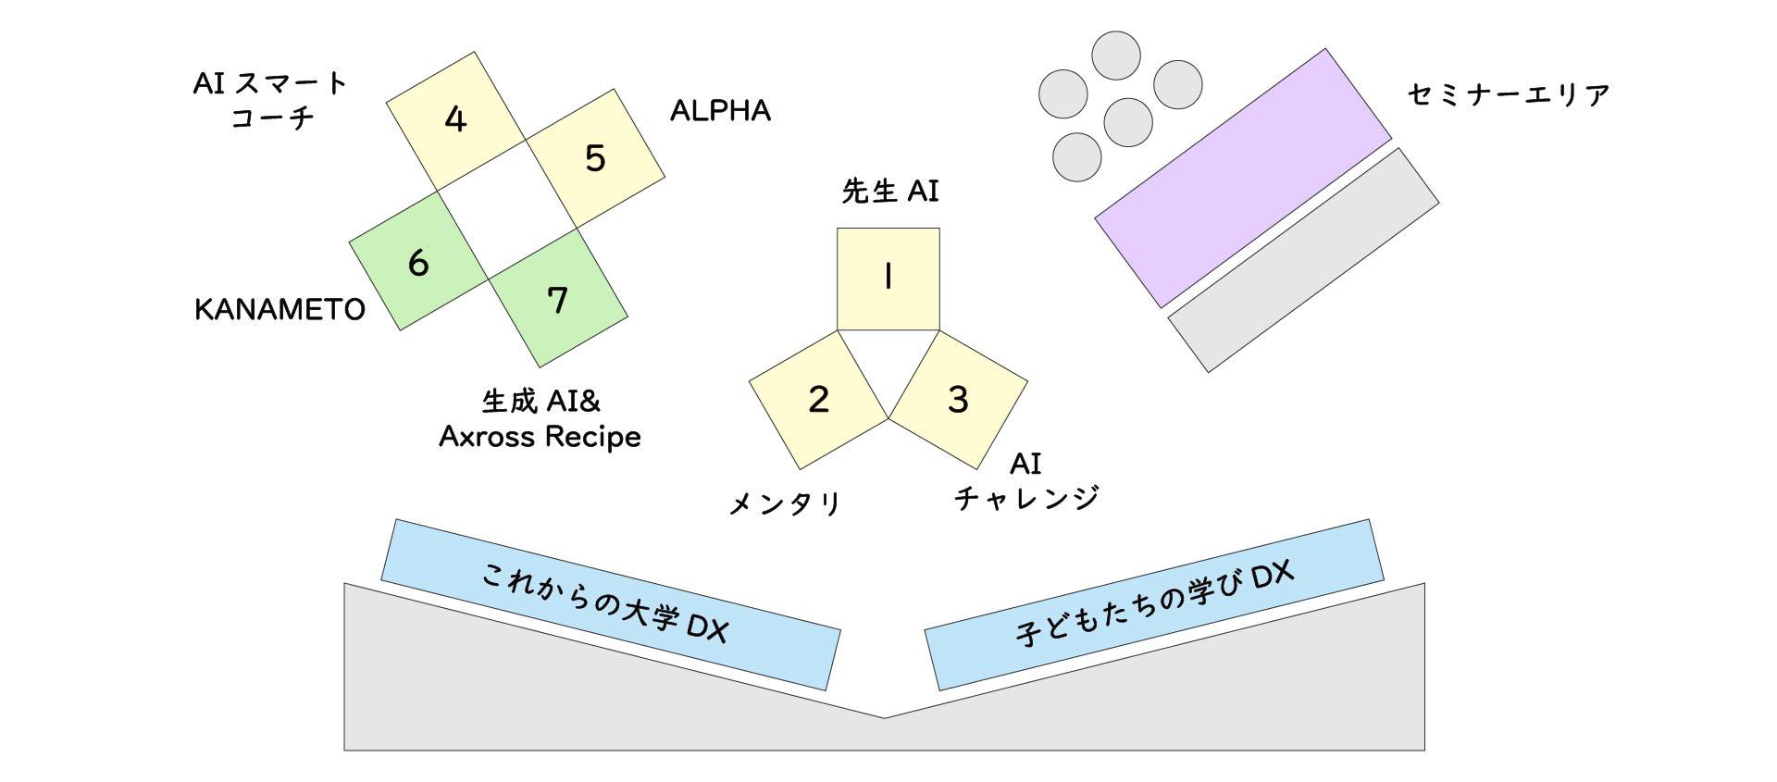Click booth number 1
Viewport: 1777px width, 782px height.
click(888, 279)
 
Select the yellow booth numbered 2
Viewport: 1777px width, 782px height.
click(818, 399)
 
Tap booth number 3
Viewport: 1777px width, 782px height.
click(958, 399)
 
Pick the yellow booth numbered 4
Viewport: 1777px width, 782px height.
click(455, 120)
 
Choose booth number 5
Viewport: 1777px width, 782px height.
click(595, 158)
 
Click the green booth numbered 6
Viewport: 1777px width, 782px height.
click(418, 264)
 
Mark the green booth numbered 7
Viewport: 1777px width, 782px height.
click(558, 300)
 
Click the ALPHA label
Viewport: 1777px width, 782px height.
click(720, 111)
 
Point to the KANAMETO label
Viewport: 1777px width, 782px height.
click(280, 309)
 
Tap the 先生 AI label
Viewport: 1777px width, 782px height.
click(889, 192)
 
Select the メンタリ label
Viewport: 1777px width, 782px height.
click(785, 503)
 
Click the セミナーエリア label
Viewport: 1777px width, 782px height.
click(1508, 94)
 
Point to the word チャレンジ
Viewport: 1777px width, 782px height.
click(1026, 498)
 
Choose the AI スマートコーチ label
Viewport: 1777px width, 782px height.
click(269, 100)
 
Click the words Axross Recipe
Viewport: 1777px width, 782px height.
click(540, 437)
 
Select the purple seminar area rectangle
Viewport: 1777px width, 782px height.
click(1243, 178)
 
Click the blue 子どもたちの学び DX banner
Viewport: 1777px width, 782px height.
click(1153, 603)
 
